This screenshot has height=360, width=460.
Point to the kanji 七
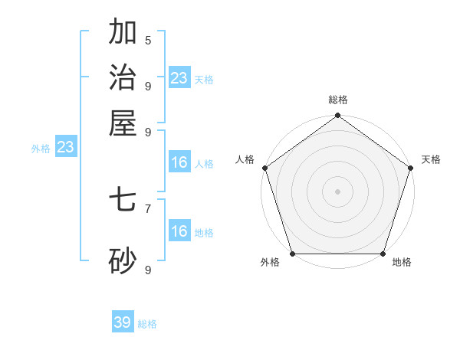pos(123,201)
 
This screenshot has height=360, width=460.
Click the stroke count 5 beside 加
pos(148,40)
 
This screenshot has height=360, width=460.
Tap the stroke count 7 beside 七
pos(148,208)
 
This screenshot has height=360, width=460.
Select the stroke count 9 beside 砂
pos(148,270)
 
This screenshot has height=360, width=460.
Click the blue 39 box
pos(123,322)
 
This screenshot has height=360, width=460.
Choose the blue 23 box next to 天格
pos(179,77)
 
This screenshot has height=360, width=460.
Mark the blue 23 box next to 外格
pos(65,147)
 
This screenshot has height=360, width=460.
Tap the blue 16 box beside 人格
pos(179,162)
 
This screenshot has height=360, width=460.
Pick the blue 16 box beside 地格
pos(179,231)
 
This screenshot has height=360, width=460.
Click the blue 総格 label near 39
pos(147,324)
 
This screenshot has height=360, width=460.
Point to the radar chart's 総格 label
pos(338,100)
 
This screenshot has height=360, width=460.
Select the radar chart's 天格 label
pos(432,159)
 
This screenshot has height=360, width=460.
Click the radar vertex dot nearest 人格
pos(264,168)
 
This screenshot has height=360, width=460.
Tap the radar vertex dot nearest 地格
pos(383,254)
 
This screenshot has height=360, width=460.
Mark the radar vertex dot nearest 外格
pos(292,254)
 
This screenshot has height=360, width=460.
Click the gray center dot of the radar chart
pos(337,191)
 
